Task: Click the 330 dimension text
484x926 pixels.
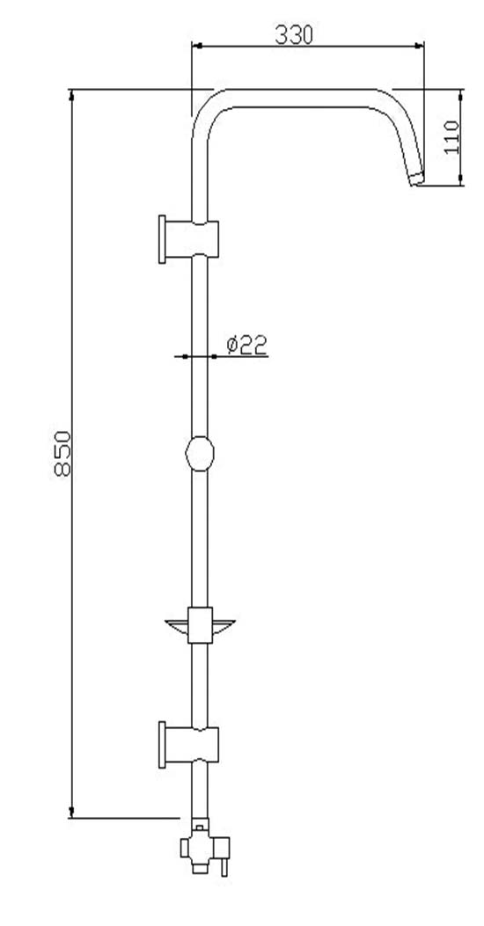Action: pyautogui.click(x=294, y=35)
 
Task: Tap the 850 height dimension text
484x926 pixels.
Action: pyautogui.click(x=62, y=454)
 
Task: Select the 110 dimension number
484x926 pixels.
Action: pyautogui.click(x=452, y=137)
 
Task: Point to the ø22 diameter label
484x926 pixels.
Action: pyautogui.click(x=247, y=345)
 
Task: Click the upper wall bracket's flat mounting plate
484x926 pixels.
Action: pyautogui.click(x=162, y=239)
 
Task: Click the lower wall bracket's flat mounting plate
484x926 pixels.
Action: pyautogui.click(x=162, y=744)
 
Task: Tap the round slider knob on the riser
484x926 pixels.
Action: pyautogui.click(x=200, y=454)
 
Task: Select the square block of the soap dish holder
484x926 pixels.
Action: pyautogui.click(x=200, y=625)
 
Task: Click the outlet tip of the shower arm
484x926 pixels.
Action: pyautogui.click(x=416, y=178)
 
